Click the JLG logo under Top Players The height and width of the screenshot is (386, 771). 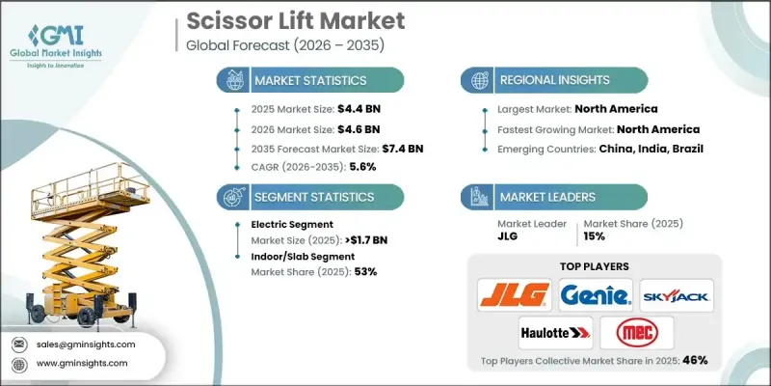(x=514, y=293)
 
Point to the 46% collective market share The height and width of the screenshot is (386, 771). (x=695, y=361)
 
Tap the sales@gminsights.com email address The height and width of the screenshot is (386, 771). (x=85, y=345)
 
